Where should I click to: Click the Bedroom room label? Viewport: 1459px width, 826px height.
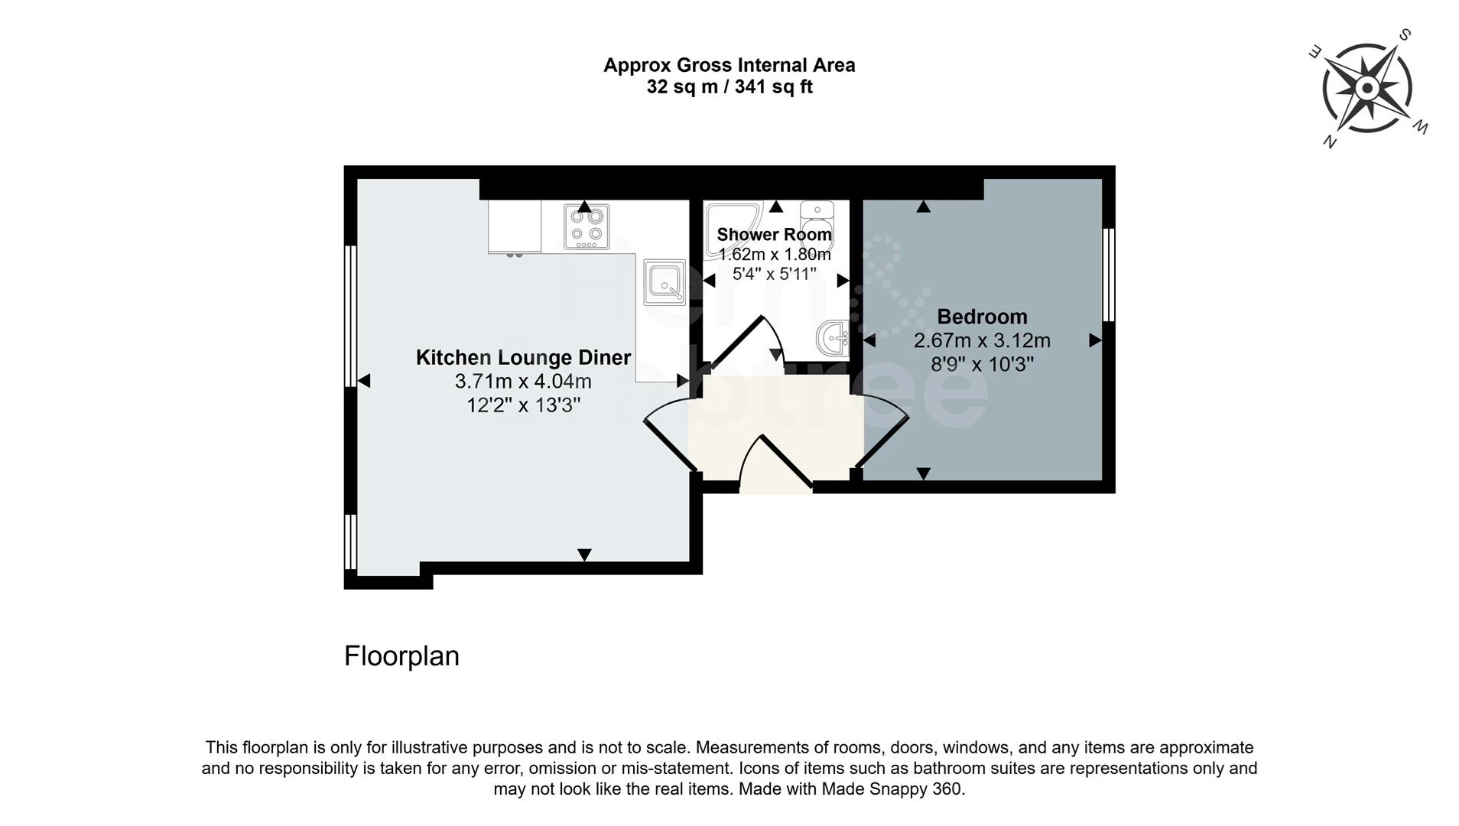(x=982, y=317)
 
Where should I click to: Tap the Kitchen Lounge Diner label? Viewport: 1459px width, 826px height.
(x=523, y=357)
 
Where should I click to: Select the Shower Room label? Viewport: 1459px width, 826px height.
(x=774, y=235)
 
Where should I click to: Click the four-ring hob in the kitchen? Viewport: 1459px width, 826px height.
(x=587, y=226)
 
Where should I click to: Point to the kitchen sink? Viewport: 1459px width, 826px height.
(x=665, y=282)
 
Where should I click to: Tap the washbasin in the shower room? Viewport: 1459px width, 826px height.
(x=832, y=337)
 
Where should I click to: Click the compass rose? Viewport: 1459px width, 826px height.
(x=1367, y=88)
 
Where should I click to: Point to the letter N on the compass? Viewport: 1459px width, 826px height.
(x=1330, y=141)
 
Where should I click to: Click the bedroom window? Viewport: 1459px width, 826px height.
(x=1109, y=275)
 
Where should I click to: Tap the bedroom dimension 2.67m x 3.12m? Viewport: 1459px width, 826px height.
(x=982, y=340)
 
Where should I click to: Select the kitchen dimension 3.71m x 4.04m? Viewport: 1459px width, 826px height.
(x=523, y=381)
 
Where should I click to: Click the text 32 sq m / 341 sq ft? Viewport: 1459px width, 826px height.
(x=729, y=87)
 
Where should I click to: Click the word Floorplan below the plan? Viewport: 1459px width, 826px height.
(x=401, y=656)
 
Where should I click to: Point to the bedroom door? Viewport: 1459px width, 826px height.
(x=882, y=433)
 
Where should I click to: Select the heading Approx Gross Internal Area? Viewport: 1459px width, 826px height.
(x=729, y=65)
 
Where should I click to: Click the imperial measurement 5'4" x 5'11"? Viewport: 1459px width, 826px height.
(x=774, y=274)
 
